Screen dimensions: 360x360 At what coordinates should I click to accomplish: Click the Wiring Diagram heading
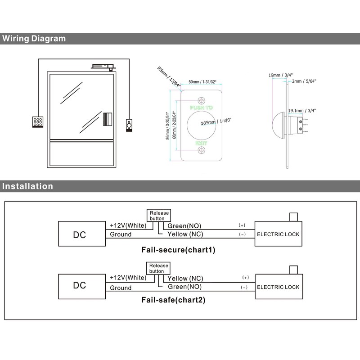(x=34, y=38)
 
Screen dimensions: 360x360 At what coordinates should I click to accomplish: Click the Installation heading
(x=27, y=186)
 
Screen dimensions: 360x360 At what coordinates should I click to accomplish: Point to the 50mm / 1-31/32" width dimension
(x=202, y=81)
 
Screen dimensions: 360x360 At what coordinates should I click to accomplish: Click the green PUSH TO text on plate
(x=202, y=108)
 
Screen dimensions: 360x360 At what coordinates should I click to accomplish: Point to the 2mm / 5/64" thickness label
(x=304, y=81)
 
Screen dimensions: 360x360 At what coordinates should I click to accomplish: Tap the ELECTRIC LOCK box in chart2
(x=278, y=287)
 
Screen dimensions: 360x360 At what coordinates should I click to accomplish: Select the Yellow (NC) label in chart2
(x=185, y=278)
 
